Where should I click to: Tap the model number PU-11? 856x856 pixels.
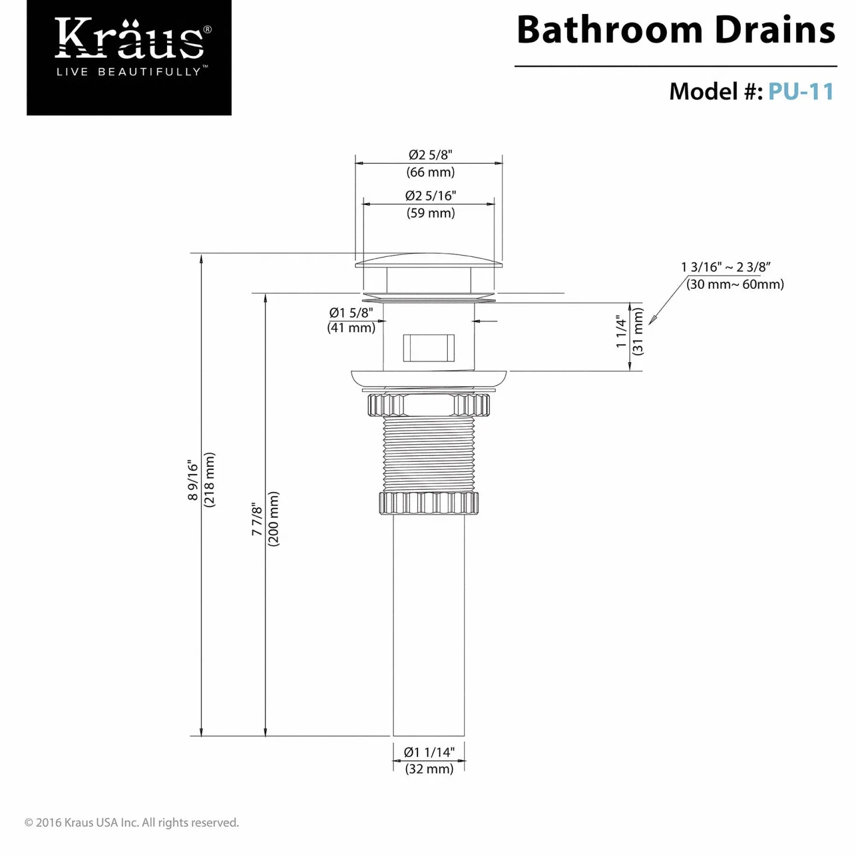click(x=801, y=92)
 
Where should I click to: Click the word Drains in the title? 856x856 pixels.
click(x=775, y=30)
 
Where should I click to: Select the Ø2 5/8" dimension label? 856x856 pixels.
click(x=430, y=154)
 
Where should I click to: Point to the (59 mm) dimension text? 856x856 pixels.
click(x=430, y=213)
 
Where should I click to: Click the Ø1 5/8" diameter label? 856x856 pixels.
click(x=351, y=313)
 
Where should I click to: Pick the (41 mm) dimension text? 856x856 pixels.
click(x=351, y=328)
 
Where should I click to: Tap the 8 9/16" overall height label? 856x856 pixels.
click(x=193, y=480)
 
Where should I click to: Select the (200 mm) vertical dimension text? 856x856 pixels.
click(x=273, y=519)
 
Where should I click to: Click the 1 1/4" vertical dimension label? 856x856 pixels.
click(x=621, y=332)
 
